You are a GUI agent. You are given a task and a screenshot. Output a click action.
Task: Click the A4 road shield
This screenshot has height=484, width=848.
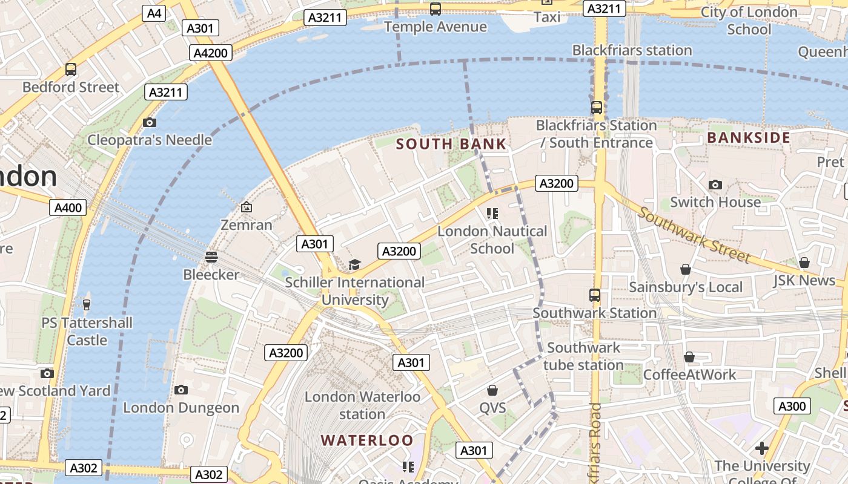[x=154, y=13]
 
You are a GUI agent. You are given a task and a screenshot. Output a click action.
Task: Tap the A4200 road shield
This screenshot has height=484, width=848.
[x=210, y=53]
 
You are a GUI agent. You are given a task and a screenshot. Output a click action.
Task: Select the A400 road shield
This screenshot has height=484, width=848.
[x=68, y=208]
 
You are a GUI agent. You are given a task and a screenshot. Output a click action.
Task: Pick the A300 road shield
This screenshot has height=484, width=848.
[x=792, y=406]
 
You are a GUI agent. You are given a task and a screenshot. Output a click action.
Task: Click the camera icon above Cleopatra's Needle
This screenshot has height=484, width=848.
[x=149, y=123]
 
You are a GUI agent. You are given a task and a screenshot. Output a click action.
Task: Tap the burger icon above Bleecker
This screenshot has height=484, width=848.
[x=211, y=257]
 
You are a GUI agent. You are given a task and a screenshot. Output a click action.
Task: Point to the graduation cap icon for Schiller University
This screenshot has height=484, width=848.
[x=354, y=265]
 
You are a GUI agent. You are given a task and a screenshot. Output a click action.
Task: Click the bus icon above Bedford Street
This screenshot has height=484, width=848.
[x=71, y=70]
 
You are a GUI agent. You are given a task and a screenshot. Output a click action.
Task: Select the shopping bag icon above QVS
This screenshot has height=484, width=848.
[x=492, y=390]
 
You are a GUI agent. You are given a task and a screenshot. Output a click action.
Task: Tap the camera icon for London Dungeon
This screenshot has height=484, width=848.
[x=181, y=390]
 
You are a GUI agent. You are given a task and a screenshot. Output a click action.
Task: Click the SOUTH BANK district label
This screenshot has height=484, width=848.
[x=451, y=144]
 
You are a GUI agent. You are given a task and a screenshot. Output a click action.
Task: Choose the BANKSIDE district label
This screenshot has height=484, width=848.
[x=749, y=138]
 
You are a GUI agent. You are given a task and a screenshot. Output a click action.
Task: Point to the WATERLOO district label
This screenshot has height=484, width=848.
[x=367, y=440]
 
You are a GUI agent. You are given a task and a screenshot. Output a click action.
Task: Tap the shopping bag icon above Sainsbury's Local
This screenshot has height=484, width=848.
[x=686, y=269]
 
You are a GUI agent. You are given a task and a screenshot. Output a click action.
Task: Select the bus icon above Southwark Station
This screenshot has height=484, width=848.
[x=595, y=295]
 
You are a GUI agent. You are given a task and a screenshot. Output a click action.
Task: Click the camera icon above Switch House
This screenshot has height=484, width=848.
[x=715, y=185]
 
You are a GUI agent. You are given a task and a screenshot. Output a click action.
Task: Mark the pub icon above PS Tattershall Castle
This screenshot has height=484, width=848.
[x=87, y=304]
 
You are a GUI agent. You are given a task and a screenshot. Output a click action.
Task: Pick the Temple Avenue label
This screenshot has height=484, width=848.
[x=435, y=27]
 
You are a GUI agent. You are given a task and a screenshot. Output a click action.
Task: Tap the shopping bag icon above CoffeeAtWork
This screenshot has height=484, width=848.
[x=689, y=358]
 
